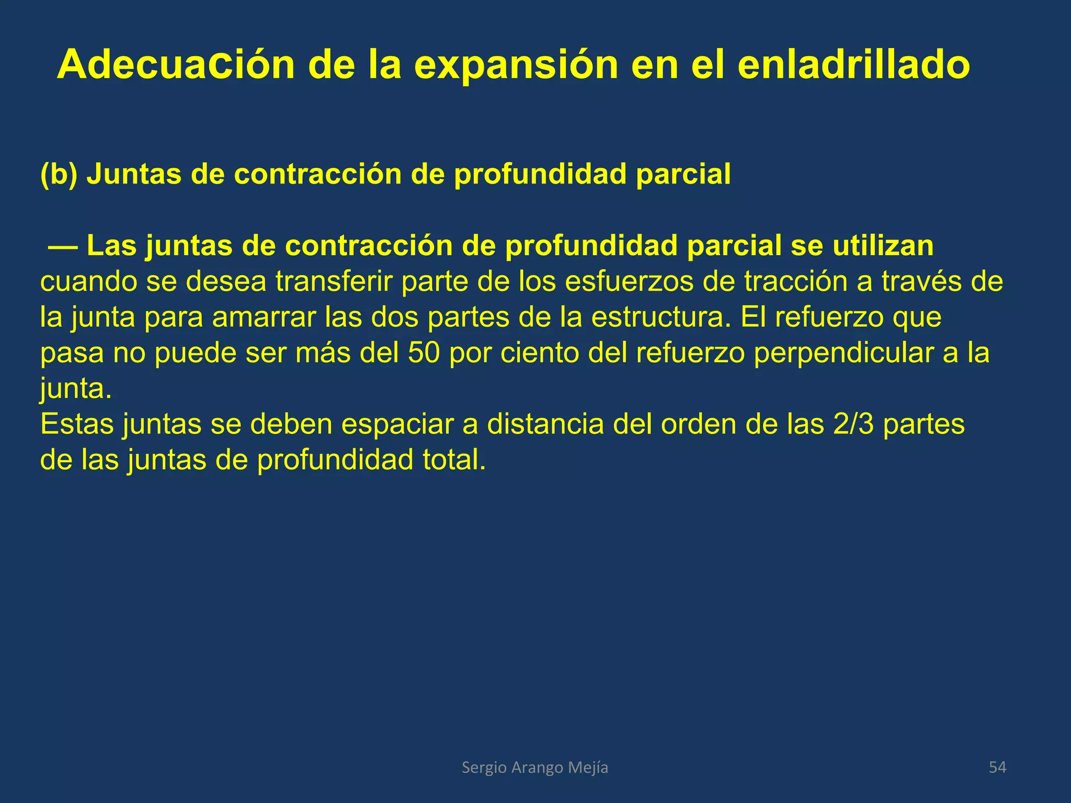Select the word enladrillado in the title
point(853,65)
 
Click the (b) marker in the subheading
point(59,174)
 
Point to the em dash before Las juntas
point(63,246)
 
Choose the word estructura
point(661,317)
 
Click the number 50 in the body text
point(424,353)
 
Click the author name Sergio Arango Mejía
point(535,767)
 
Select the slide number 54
point(997,767)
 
